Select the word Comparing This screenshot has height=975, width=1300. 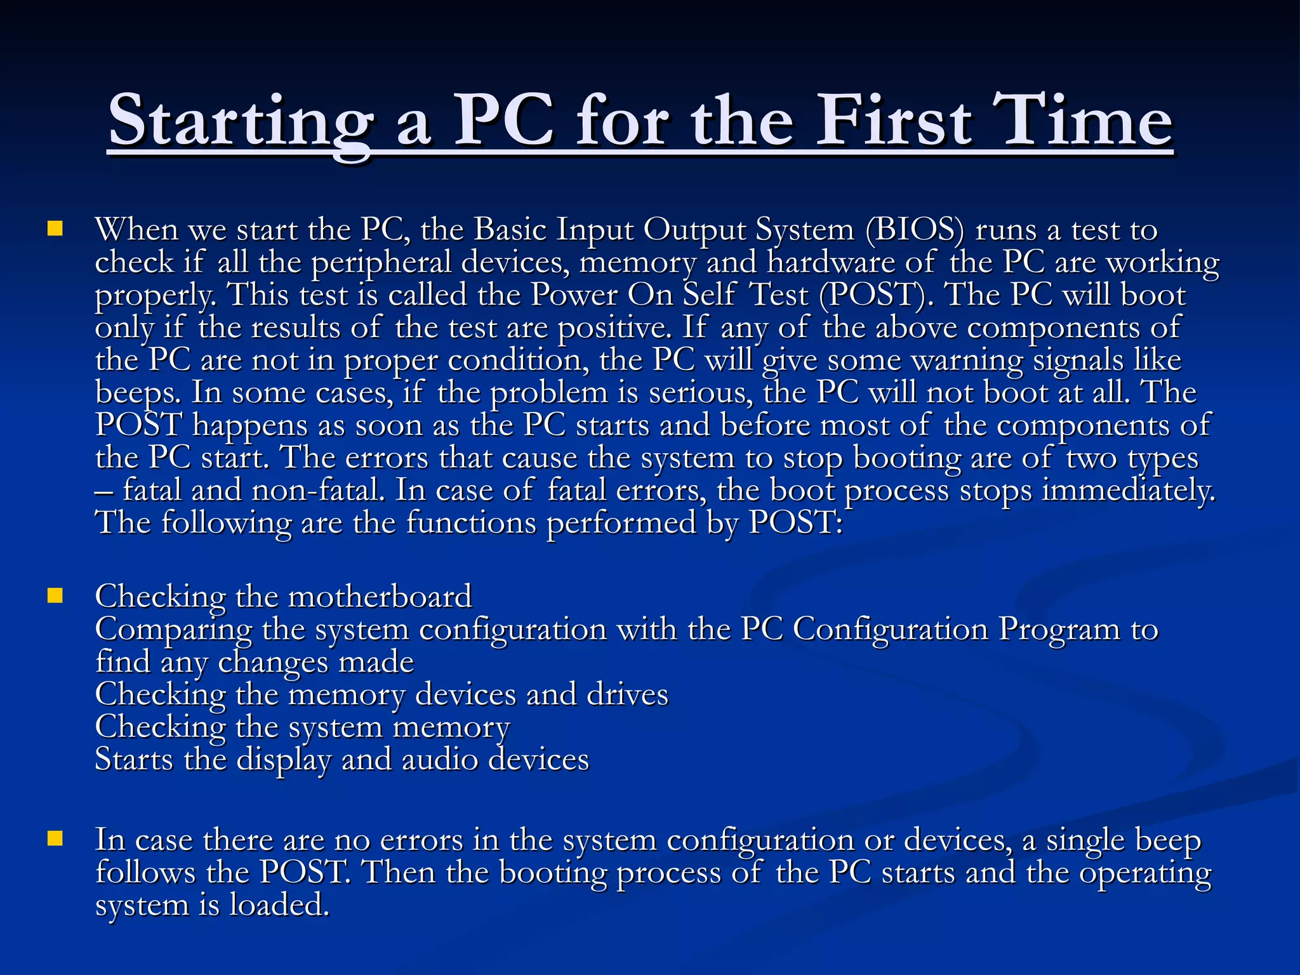173,630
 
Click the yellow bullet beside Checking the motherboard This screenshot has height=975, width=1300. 55,595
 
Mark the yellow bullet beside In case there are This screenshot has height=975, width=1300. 55,839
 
